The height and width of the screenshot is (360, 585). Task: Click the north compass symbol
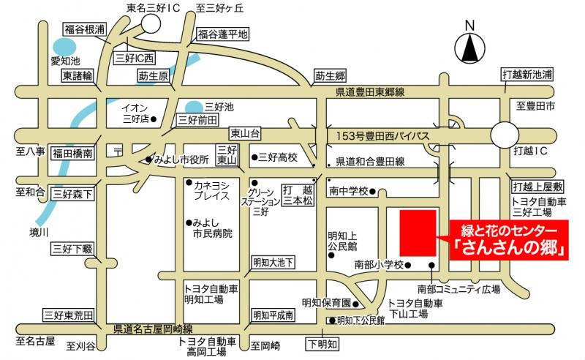[x=469, y=48]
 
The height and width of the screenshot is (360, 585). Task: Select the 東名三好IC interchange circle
[x=151, y=23]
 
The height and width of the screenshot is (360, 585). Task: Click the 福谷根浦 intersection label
[x=84, y=29]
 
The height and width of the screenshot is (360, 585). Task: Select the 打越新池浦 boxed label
[x=526, y=75]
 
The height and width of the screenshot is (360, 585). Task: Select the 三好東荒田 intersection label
[x=69, y=315]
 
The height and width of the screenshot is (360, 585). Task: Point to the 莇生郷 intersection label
[x=330, y=76]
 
